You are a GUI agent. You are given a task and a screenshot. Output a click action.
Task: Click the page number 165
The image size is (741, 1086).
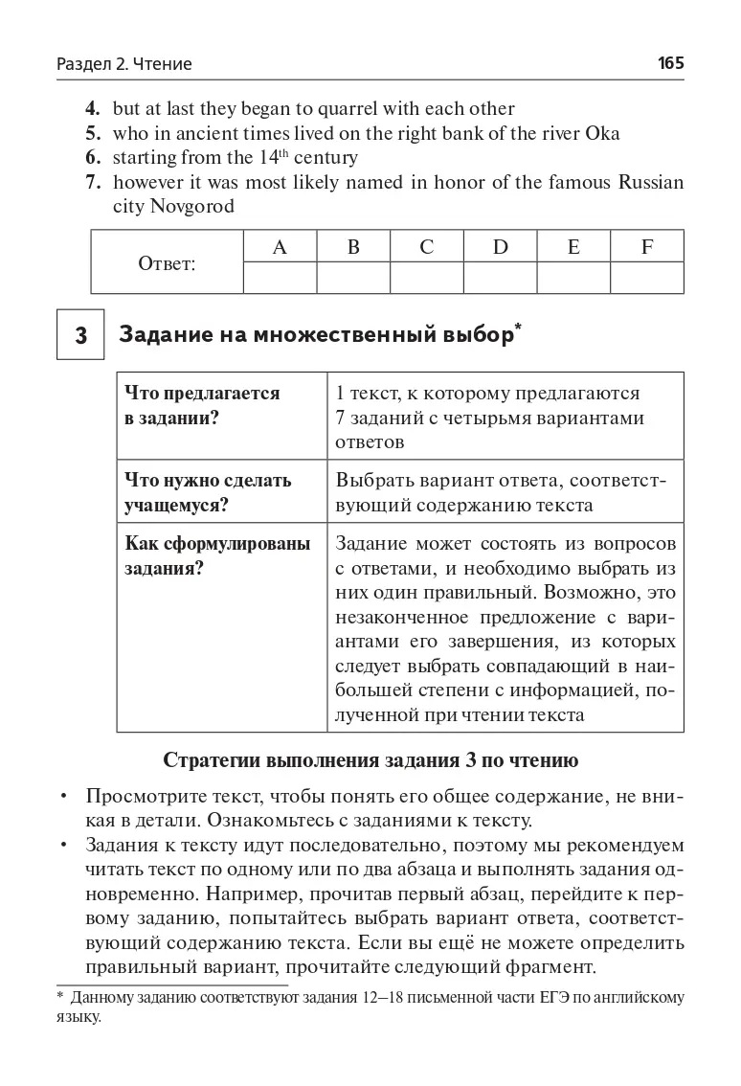(x=670, y=64)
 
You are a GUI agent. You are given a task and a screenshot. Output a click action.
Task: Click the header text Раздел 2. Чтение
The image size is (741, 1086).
(x=124, y=64)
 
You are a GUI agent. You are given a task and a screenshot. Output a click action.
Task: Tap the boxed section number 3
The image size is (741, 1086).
(x=80, y=335)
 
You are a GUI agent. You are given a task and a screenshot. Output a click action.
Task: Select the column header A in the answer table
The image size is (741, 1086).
(x=280, y=247)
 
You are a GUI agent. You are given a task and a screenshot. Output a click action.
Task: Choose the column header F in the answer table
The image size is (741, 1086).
(x=647, y=247)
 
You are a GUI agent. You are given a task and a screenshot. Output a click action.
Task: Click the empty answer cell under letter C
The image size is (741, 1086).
(x=426, y=278)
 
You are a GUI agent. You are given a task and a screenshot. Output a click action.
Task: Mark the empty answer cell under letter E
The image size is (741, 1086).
(x=573, y=278)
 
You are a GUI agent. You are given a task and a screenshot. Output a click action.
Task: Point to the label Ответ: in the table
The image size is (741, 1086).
(x=167, y=263)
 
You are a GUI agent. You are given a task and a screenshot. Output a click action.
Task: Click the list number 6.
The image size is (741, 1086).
(x=93, y=157)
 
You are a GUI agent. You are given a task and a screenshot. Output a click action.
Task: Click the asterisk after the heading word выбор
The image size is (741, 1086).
(x=518, y=328)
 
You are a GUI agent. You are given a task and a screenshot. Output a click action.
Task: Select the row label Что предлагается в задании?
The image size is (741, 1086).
(x=202, y=405)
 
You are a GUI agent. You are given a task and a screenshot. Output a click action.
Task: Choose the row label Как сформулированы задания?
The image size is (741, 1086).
(x=217, y=555)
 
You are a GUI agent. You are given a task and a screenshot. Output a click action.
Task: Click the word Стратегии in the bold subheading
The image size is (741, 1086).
(x=212, y=761)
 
